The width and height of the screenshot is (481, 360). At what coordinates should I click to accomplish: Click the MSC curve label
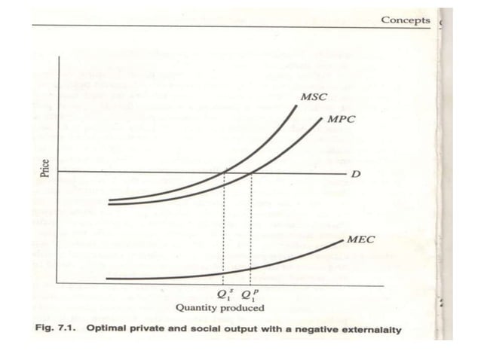pos(314,98)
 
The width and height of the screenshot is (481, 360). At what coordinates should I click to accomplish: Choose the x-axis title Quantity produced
pos(219,307)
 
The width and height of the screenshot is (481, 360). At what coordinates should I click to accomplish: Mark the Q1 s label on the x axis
pos(223,294)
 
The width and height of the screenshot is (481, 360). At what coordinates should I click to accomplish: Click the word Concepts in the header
pos(405,20)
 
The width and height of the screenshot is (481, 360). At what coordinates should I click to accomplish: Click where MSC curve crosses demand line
pos(224,173)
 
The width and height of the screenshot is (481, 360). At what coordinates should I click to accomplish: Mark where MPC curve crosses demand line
pos(251,173)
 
